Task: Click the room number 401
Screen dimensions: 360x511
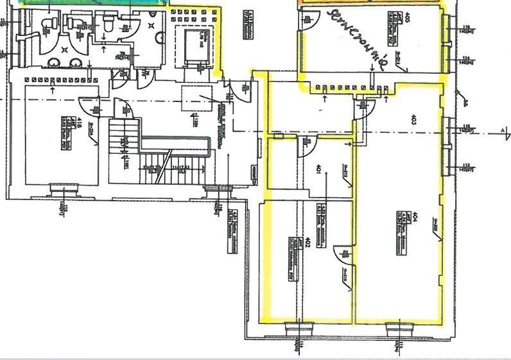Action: [x=318, y=169]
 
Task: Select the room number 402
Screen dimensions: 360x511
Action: [x=309, y=242]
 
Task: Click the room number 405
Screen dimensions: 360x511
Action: [x=408, y=17]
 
